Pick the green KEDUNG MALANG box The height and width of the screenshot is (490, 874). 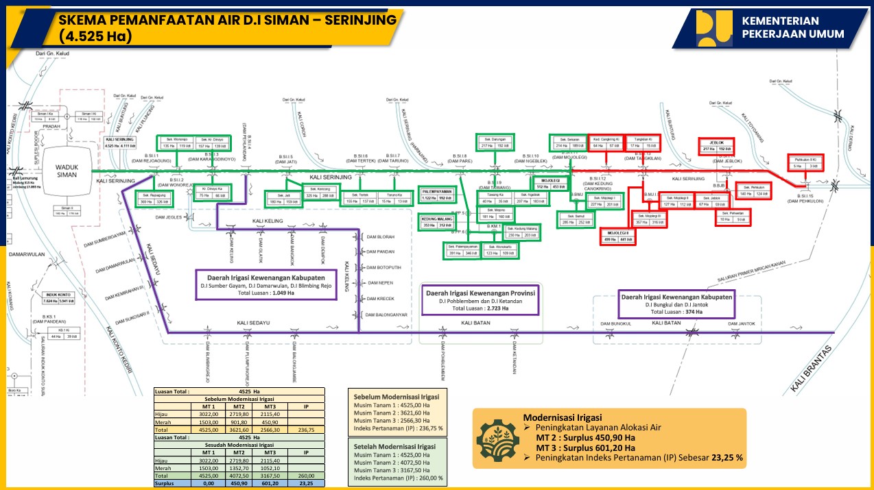click(x=436, y=221)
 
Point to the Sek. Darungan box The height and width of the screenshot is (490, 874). click(x=495, y=142)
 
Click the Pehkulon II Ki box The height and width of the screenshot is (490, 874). click(x=807, y=162)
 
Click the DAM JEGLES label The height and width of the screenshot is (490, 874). click(x=169, y=217)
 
